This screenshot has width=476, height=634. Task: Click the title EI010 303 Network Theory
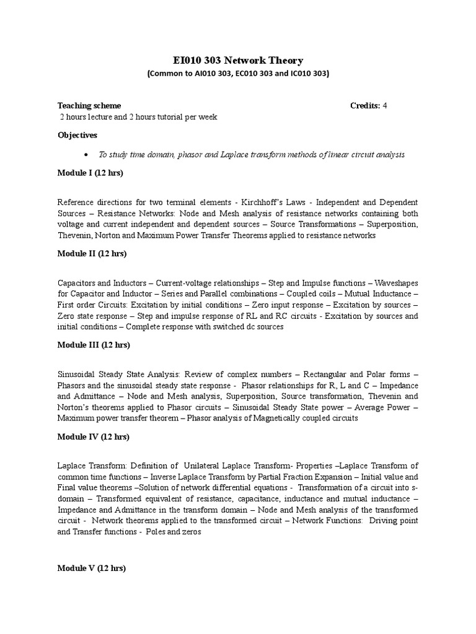coord(238,60)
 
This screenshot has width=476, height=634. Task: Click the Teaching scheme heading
coord(89,106)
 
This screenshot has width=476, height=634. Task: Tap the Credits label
coord(365,106)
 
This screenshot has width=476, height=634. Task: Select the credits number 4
coord(385,106)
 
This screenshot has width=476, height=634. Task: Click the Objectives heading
coord(77,135)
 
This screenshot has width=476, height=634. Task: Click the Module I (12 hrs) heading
coord(90,173)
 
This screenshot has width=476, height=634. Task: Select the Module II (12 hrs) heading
coord(92,253)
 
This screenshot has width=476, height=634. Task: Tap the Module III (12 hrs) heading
coord(94,345)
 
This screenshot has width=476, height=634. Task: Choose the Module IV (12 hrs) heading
coord(93,436)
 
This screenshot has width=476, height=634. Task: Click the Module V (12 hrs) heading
coord(92,568)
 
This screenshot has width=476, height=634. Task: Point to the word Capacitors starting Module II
coord(77,283)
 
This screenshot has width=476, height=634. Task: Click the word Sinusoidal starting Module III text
coord(77,375)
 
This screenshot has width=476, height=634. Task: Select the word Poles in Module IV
coord(156,532)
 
